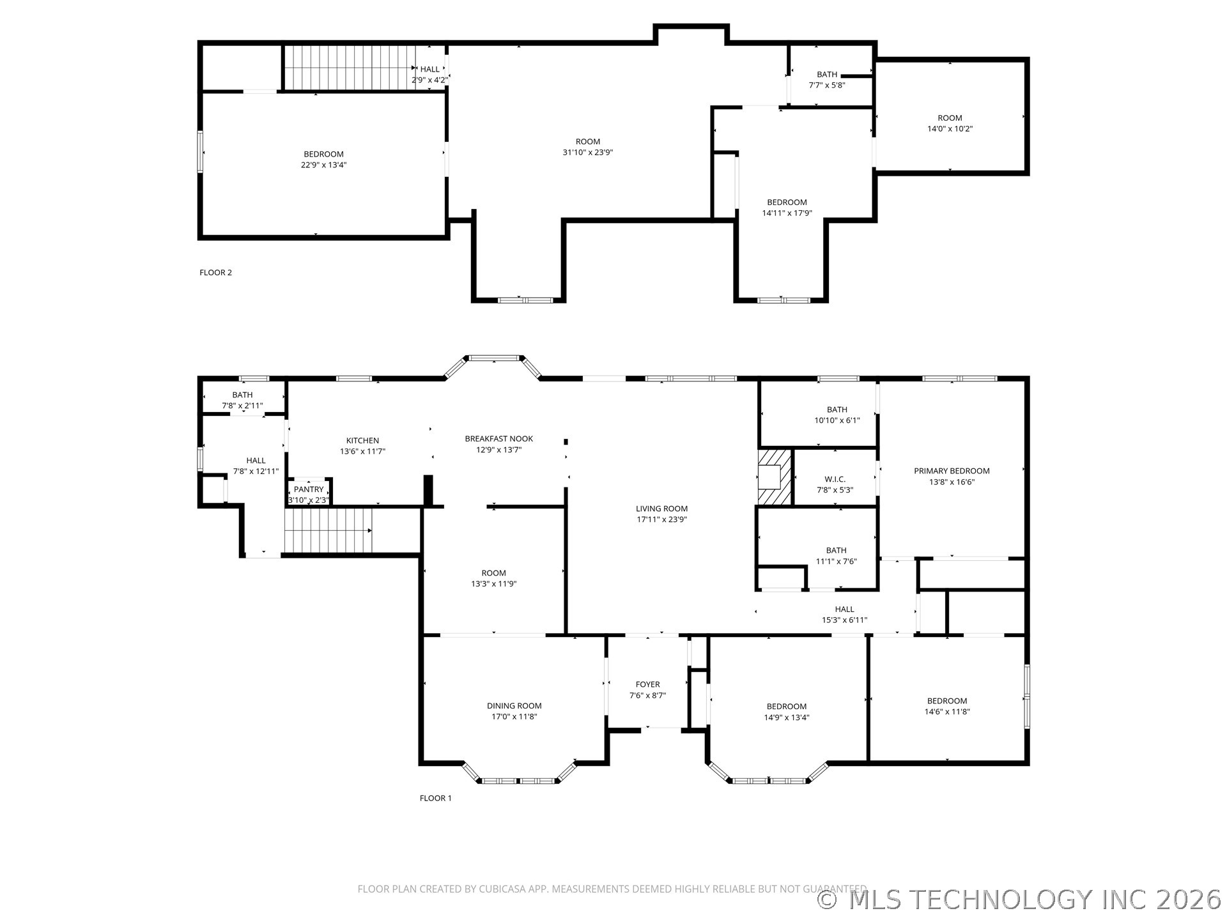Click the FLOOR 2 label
click(215, 273)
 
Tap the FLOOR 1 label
click(435, 798)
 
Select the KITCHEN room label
click(362, 441)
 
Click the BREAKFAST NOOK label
click(498, 439)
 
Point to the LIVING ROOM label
click(661, 509)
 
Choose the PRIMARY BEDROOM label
click(952, 471)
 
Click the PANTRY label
click(309, 489)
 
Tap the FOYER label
click(647, 685)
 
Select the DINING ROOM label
click(514, 706)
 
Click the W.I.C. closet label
click(835, 479)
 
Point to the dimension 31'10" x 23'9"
click(587, 153)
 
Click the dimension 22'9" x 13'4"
click(323, 165)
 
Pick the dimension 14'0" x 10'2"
click(950, 128)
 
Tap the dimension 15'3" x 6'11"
click(844, 620)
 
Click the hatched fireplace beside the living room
click(775, 477)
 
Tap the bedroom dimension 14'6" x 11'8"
click(947, 712)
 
